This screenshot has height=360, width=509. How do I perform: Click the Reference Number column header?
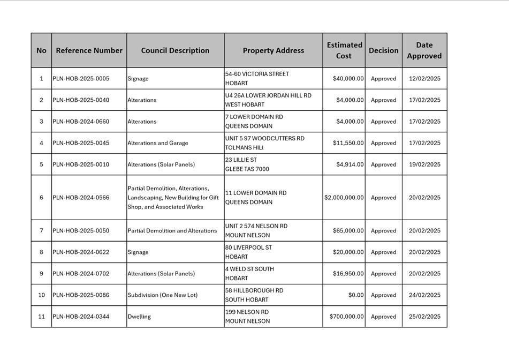point(89,50)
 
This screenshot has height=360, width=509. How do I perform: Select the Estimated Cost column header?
point(344,50)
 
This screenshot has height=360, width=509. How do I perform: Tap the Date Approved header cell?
point(424,50)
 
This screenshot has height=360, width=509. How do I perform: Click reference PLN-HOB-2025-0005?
point(81,79)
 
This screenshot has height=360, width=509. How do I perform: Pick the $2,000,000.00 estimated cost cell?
point(344,198)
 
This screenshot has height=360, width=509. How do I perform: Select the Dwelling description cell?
point(139,317)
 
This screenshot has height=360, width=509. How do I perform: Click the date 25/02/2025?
point(424,317)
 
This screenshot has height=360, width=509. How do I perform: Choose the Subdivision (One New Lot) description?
point(163,295)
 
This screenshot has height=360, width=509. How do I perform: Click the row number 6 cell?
point(41,198)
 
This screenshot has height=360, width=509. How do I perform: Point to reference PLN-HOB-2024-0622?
point(81,252)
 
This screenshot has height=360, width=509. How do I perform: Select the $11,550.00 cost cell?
point(348,143)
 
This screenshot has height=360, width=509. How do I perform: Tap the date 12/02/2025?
point(424,79)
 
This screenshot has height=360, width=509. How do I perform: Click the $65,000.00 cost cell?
point(348,231)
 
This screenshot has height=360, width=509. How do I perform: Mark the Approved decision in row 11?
point(384,317)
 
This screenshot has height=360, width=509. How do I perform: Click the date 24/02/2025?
point(424,295)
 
